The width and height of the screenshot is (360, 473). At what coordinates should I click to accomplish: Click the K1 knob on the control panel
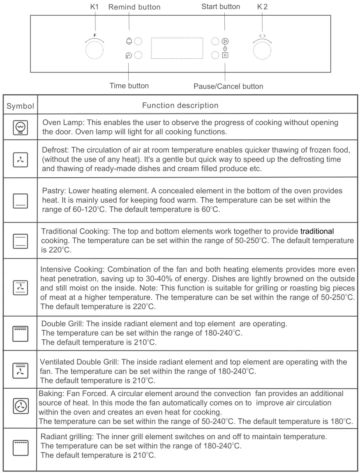94,51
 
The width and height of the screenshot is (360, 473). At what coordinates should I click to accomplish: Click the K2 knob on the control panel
262,51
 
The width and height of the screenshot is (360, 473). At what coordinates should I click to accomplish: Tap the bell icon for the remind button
129,41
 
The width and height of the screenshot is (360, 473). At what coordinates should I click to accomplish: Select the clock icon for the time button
129,55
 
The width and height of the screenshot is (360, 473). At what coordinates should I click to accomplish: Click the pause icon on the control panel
225,55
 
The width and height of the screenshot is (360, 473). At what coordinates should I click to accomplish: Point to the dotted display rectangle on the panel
177,48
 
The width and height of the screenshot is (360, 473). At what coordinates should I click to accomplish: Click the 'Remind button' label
134,7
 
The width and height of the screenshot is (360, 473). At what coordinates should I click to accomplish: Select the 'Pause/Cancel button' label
228,86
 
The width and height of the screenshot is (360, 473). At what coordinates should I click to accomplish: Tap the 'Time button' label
129,86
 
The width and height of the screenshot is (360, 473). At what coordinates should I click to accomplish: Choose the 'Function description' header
180,106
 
